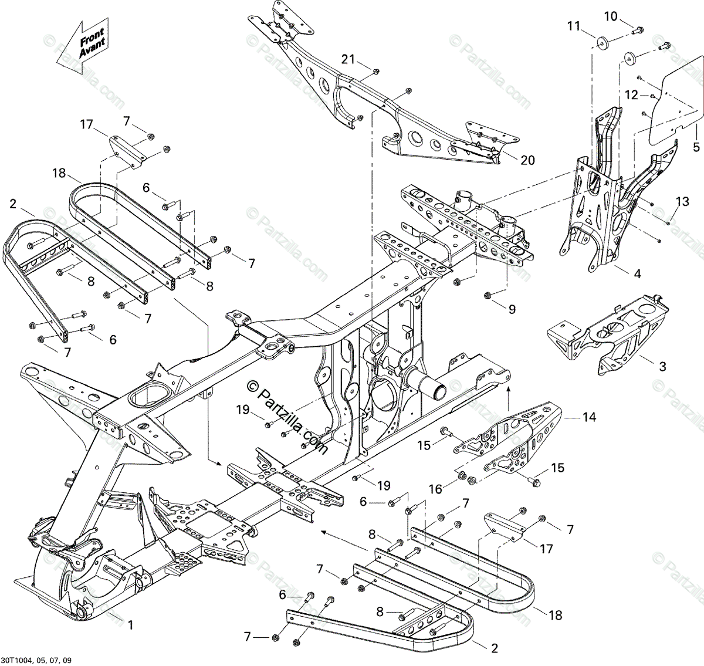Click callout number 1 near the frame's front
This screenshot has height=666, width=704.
[130, 626]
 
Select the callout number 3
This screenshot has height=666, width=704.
[662, 367]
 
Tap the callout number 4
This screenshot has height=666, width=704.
[637, 273]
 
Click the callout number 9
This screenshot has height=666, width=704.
[512, 309]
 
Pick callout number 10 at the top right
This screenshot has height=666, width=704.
[611, 16]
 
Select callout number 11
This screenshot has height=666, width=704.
[573, 25]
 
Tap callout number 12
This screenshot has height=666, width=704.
[631, 94]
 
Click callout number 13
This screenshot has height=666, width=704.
[681, 202]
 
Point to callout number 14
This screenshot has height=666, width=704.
[589, 417]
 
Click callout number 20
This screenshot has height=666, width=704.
[527, 160]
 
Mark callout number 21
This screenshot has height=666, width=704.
[348, 59]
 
